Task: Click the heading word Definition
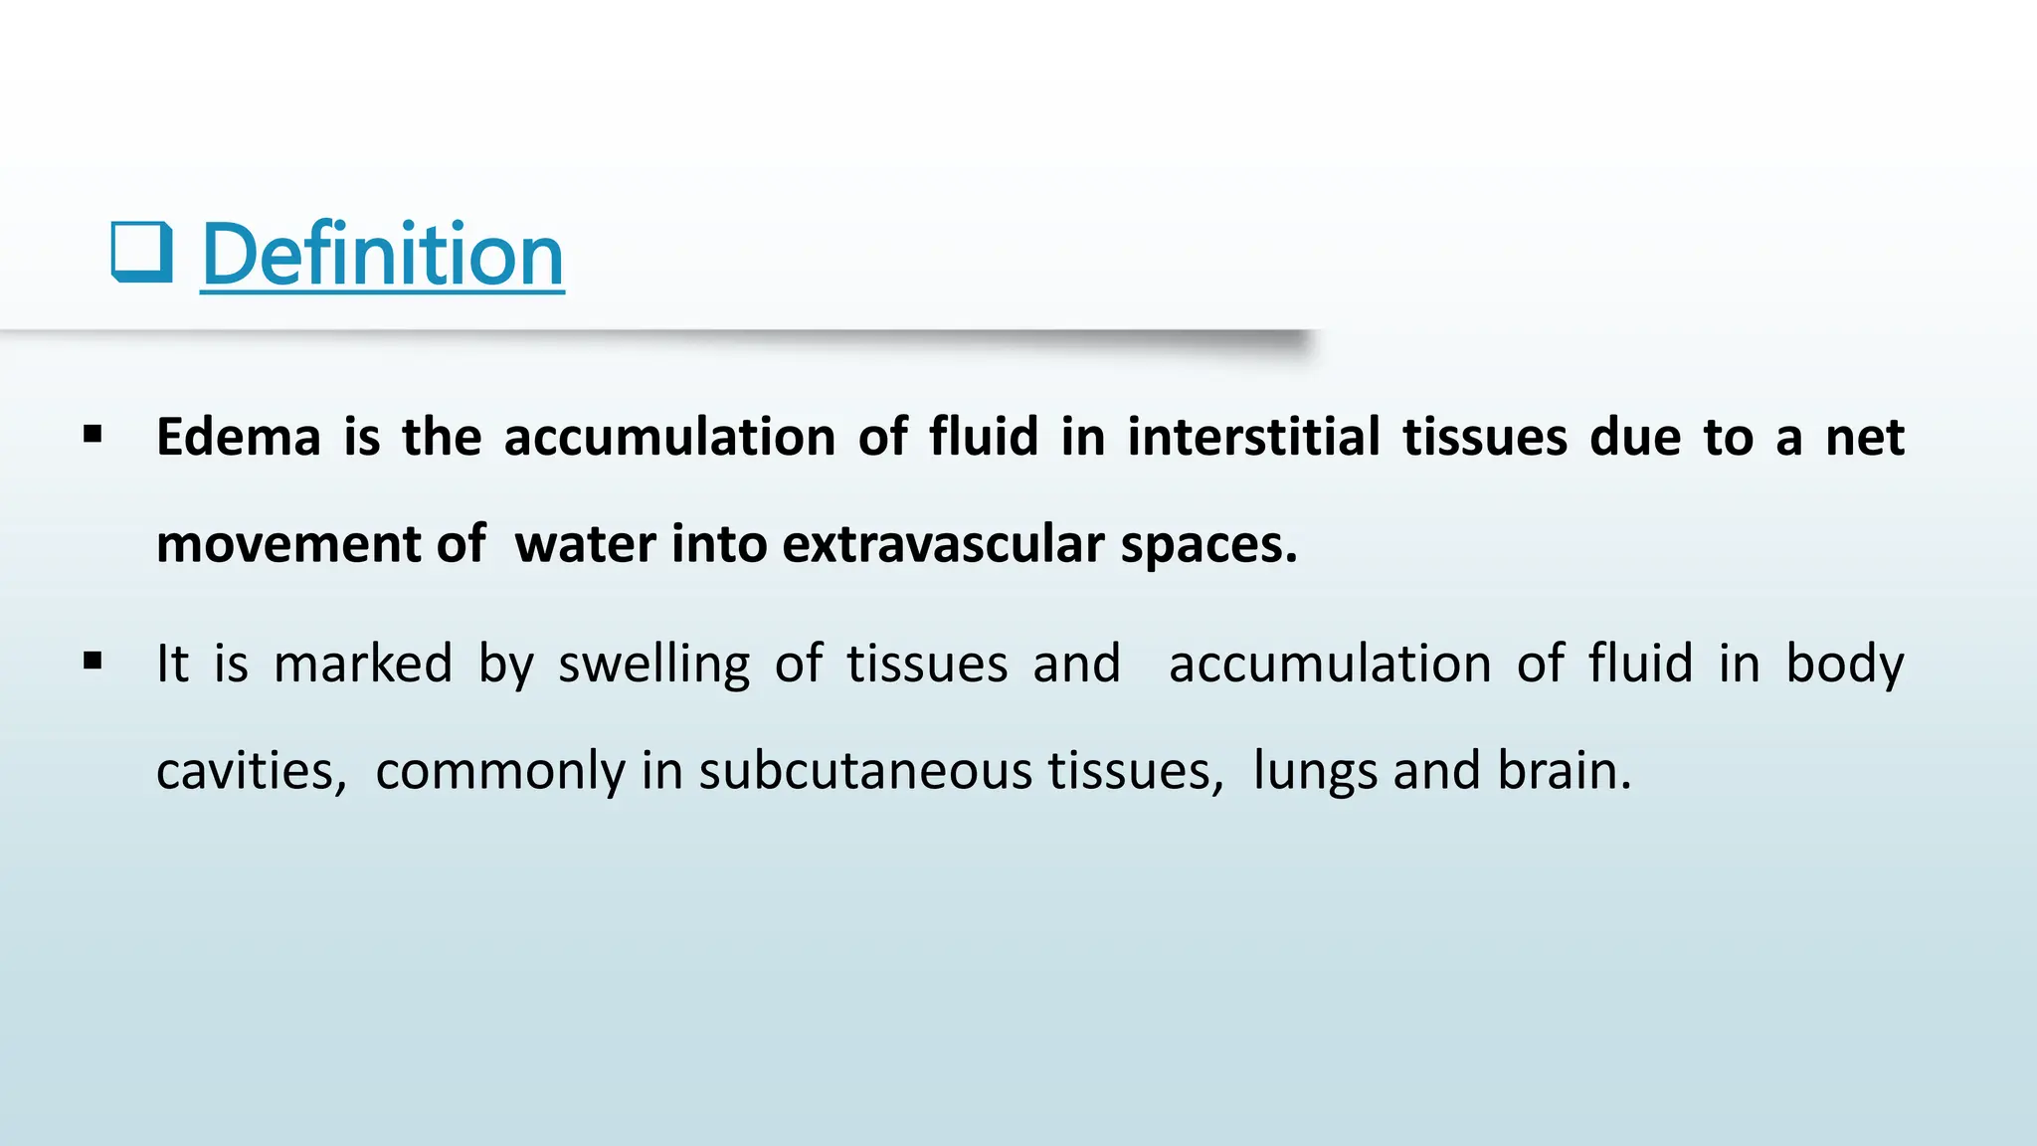(x=383, y=255)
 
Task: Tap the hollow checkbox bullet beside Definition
(x=141, y=253)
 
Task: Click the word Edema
(x=239, y=438)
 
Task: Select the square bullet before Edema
(x=93, y=435)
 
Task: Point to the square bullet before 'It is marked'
(x=93, y=661)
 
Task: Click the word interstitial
(x=1253, y=438)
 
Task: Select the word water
(x=586, y=545)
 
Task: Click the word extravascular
(x=944, y=545)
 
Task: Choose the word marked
(x=363, y=664)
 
